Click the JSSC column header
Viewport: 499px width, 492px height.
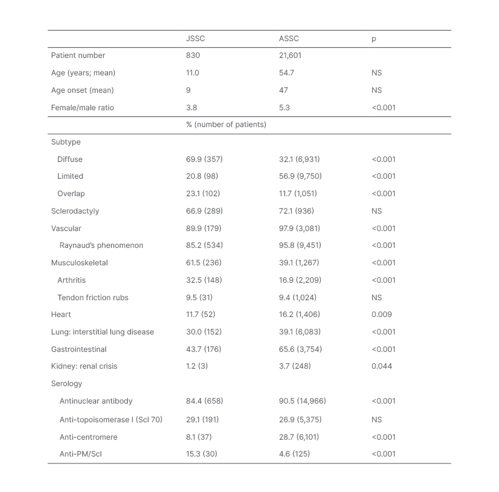195,39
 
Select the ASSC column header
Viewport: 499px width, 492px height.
289,39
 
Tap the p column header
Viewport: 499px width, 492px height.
374,39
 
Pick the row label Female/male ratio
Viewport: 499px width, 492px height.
82,108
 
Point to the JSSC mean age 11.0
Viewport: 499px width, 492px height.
193,73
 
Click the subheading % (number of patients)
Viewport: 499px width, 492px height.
226,125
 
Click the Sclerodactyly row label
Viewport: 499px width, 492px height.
75,211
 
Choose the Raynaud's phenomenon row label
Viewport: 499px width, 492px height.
101,245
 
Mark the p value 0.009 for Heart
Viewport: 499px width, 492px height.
382,315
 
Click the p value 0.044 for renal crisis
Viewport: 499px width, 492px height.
382,366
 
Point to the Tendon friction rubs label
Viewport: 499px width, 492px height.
93,298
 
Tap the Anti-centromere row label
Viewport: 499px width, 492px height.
89,437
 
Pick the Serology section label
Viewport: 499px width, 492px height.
66,384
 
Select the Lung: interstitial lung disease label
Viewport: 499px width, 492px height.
102,332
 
